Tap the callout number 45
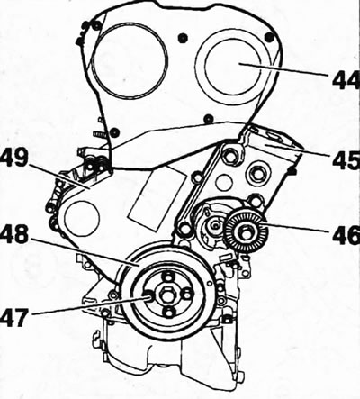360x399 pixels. (x=346, y=159)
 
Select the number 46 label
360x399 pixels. (x=346, y=234)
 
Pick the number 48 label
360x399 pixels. (x=14, y=236)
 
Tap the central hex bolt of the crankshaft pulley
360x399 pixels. (x=167, y=296)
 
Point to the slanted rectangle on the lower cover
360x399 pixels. (x=157, y=195)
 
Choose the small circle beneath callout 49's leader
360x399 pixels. (x=82, y=219)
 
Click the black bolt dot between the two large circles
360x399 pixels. (x=182, y=38)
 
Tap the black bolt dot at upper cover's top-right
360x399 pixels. (x=269, y=37)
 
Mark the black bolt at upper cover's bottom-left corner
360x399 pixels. (x=113, y=131)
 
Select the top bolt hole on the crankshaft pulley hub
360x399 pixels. (x=167, y=276)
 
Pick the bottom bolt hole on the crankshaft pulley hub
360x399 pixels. (x=168, y=313)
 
